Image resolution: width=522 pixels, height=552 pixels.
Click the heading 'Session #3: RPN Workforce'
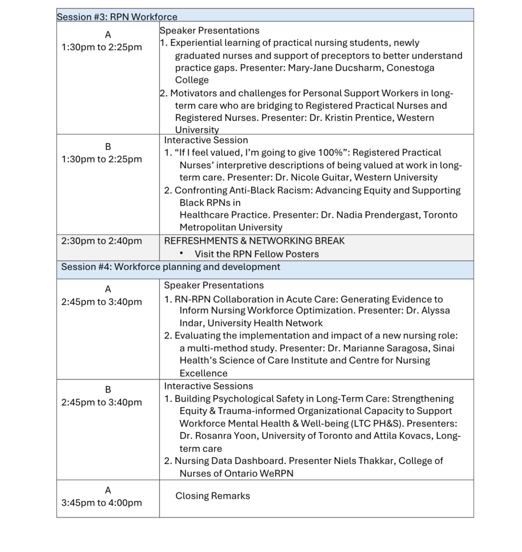pos(117,17)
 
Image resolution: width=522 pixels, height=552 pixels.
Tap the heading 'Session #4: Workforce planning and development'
pos(171,267)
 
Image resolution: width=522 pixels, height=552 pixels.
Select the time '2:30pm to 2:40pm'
pos(101,241)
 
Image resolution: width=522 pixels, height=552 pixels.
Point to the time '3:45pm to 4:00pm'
pos(101,503)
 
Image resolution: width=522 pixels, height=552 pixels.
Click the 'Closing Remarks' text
pos(213,496)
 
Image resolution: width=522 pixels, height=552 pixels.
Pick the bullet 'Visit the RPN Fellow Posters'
pos(256,254)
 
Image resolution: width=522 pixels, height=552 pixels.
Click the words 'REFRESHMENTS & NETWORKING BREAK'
pos(254,241)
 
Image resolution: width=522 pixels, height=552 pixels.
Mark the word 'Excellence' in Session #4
pos(204,373)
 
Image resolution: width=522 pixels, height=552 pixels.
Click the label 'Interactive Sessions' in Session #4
pos(208,386)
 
